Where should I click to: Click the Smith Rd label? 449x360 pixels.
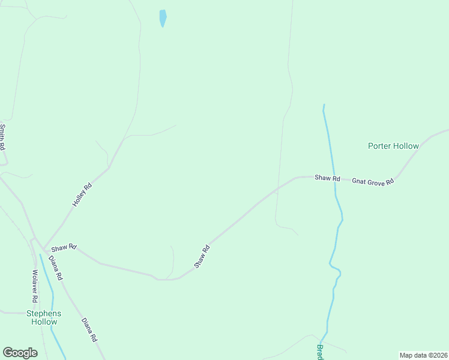[x=2, y=137]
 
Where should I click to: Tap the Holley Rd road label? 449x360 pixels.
[x=83, y=195]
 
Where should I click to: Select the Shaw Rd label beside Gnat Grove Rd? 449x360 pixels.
[x=328, y=178]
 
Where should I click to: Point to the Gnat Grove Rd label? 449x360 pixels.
[x=372, y=181]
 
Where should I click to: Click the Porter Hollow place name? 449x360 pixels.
[x=393, y=146]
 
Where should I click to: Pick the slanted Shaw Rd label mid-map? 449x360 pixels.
[x=202, y=256]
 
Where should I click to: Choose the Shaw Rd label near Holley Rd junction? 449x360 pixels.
[x=64, y=247]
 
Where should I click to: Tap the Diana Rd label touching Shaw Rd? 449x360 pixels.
[x=56, y=268]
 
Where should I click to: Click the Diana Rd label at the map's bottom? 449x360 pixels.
[x=89, y=330]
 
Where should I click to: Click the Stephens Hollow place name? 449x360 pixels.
[x=44, y=317]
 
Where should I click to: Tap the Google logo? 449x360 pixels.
[x=20, y=353]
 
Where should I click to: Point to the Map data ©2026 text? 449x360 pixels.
[x=423, y=355]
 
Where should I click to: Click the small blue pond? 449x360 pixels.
[x=163, y=18]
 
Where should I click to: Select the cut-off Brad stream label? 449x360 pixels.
[x=321, y=352]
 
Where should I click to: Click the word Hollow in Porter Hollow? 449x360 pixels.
[x=406, y=146]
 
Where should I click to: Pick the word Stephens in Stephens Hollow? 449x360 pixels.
[x=44, y=313]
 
